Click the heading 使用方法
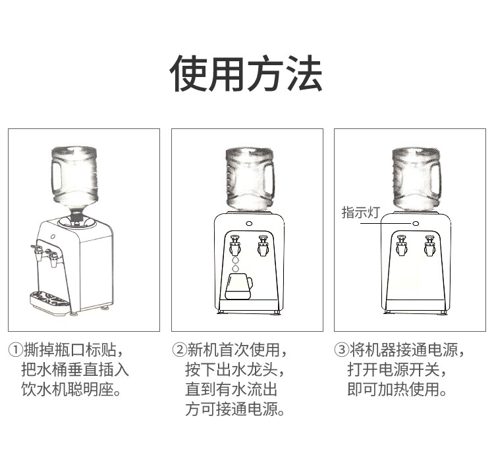(246, 73)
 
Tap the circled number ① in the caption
(15, 350)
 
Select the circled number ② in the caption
(179, 350)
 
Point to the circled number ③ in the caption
(342, 350)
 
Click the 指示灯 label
(361, 212)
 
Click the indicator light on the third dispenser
(416, 223)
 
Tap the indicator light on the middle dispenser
(249, 224)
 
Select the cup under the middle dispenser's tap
(239, 286)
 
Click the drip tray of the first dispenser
(51, 302)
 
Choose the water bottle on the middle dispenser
(250, 179)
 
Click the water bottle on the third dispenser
(416, 179)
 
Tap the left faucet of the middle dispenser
(235, 245)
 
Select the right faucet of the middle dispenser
(263, 246)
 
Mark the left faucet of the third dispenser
(401, 245)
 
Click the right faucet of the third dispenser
(429, 246)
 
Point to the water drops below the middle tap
(235, 264)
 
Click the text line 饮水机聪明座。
(71, 389)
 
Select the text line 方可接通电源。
(235, 409)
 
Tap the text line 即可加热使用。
(397, 389)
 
